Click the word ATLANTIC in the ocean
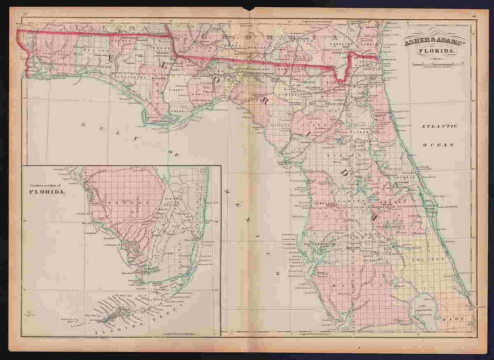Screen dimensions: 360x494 tap(439, 127)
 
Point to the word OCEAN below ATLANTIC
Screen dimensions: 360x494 tap(439, 145)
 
